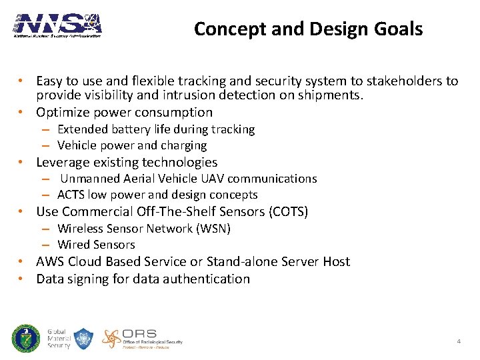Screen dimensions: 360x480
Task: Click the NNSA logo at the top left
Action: (58, 25)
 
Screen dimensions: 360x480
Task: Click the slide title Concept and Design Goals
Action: (308, 29)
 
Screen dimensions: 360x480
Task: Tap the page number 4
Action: (459, 341)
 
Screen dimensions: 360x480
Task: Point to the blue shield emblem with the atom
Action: (83, 339)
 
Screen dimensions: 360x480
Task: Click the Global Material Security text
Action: (59, 339)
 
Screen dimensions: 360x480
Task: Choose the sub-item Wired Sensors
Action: (96, 245)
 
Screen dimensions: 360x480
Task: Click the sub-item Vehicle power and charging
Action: (132, 145)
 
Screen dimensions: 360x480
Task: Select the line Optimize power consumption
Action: (124, 112)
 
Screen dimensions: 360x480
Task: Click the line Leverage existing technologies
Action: (127, 162)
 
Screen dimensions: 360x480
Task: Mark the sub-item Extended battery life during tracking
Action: (156, 129)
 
